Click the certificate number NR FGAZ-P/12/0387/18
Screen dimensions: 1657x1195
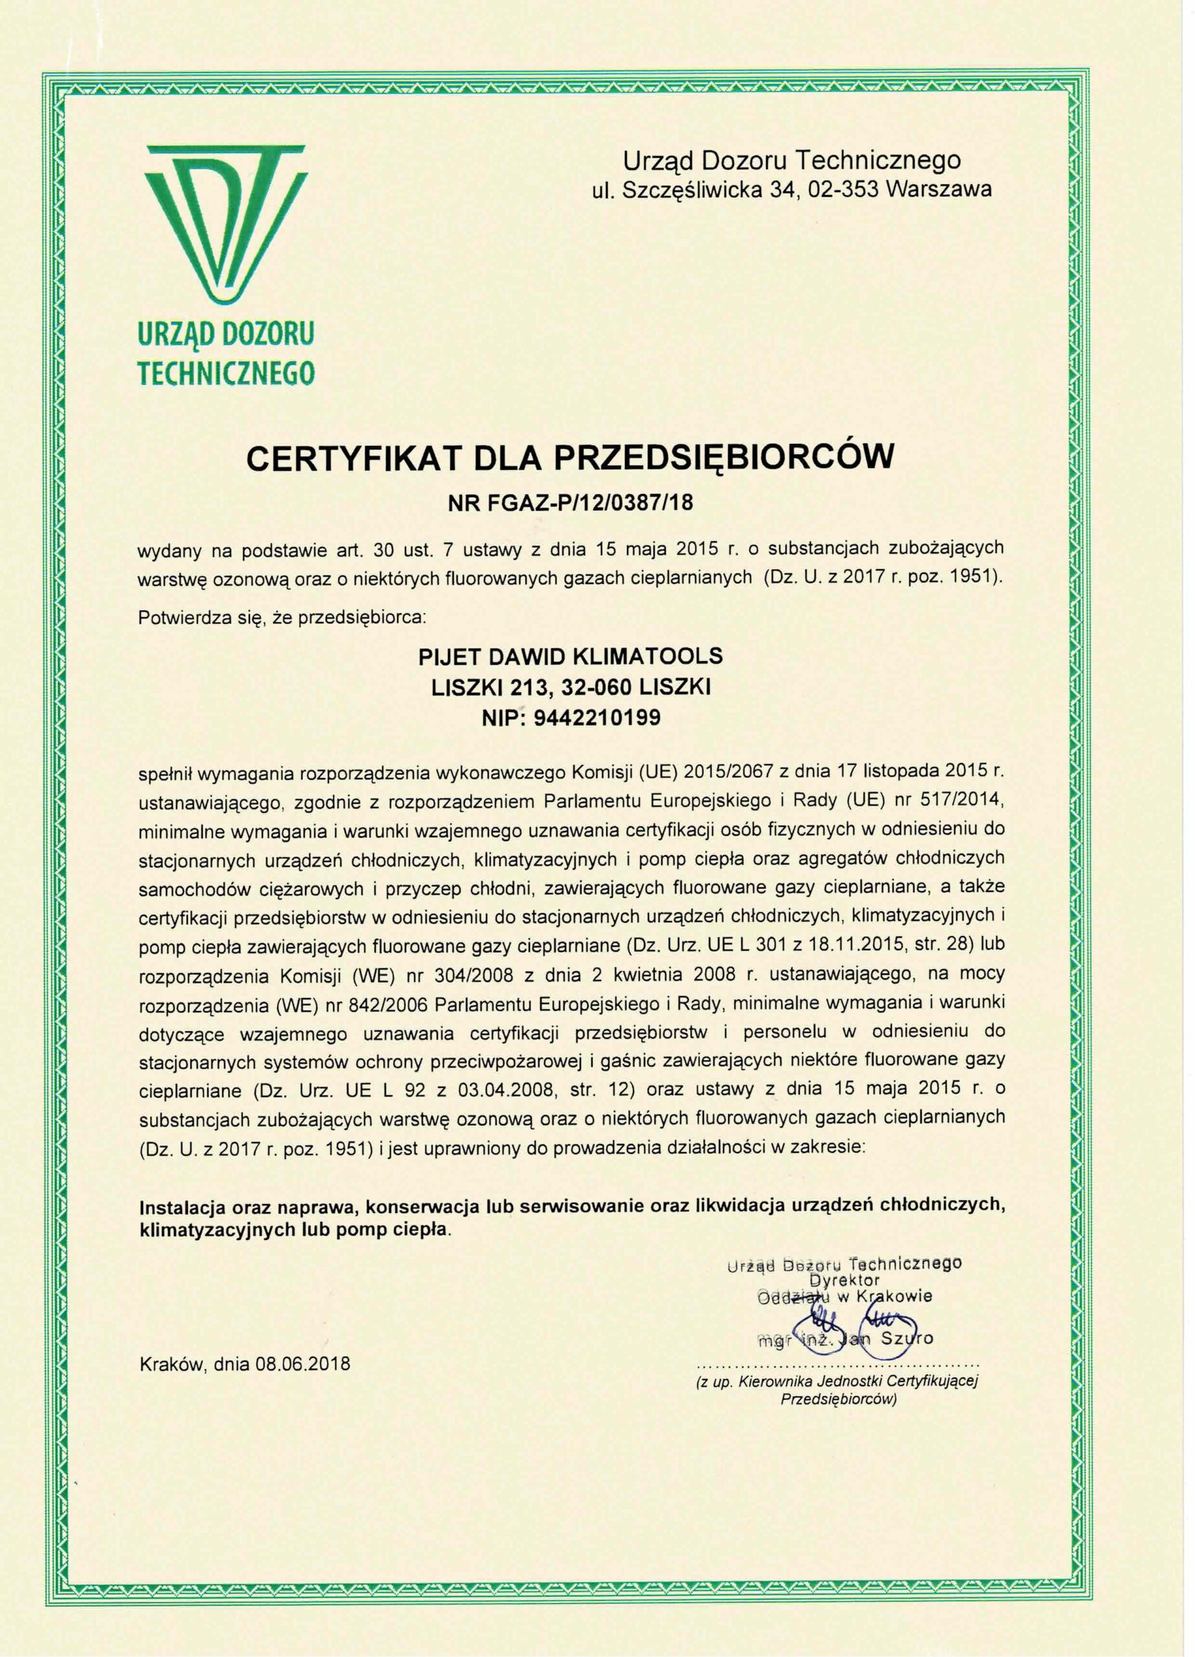pos(571,503)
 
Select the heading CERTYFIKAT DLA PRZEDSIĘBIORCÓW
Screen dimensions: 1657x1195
pos(571,458)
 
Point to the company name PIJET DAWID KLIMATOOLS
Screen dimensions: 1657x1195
pos(570,656)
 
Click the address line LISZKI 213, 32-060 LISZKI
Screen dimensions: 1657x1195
pos(570,687)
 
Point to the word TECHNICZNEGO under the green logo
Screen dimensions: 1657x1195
pos(227,373)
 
